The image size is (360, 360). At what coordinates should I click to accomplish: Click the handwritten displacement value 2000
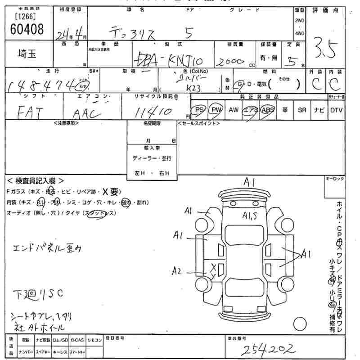(x=230, y=62)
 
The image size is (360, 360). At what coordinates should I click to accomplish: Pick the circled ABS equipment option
(x=267, y=110)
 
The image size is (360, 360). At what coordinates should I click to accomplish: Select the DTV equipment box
(x=336, y=110)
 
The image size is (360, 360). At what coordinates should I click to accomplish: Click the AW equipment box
(x=233, y=110)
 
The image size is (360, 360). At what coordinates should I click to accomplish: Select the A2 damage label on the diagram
(x=177, y=271)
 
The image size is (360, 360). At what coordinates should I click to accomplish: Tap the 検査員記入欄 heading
(x=36, y=181)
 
